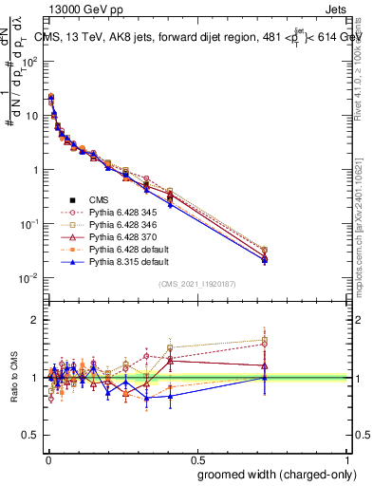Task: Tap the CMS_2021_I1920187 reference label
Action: [196, 284]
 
